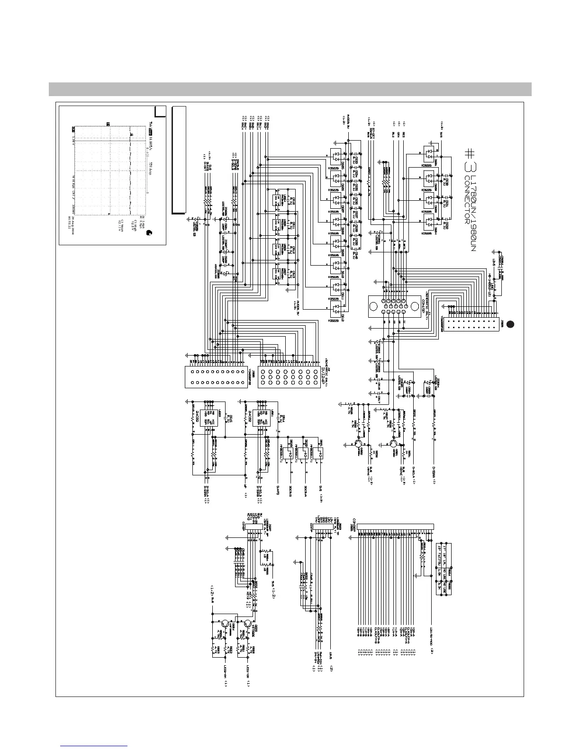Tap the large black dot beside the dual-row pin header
click(509, 324)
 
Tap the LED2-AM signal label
click(226, 673)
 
